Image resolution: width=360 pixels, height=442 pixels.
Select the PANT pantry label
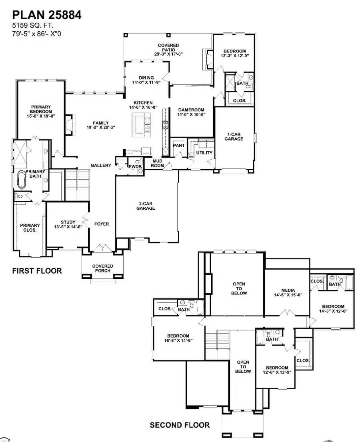[x=179, y=146]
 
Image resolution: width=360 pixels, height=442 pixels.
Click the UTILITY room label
[x=204, y=153]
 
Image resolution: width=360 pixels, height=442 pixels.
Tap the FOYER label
[x=102, y=224]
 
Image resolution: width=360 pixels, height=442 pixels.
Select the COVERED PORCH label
[x=102, y=268]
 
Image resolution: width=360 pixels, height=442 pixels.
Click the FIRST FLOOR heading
[x=37, y=271]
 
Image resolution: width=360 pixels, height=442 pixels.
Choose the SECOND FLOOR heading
[x=179, y=425]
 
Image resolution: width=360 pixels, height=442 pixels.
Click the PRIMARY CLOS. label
[x=30, y=228]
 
